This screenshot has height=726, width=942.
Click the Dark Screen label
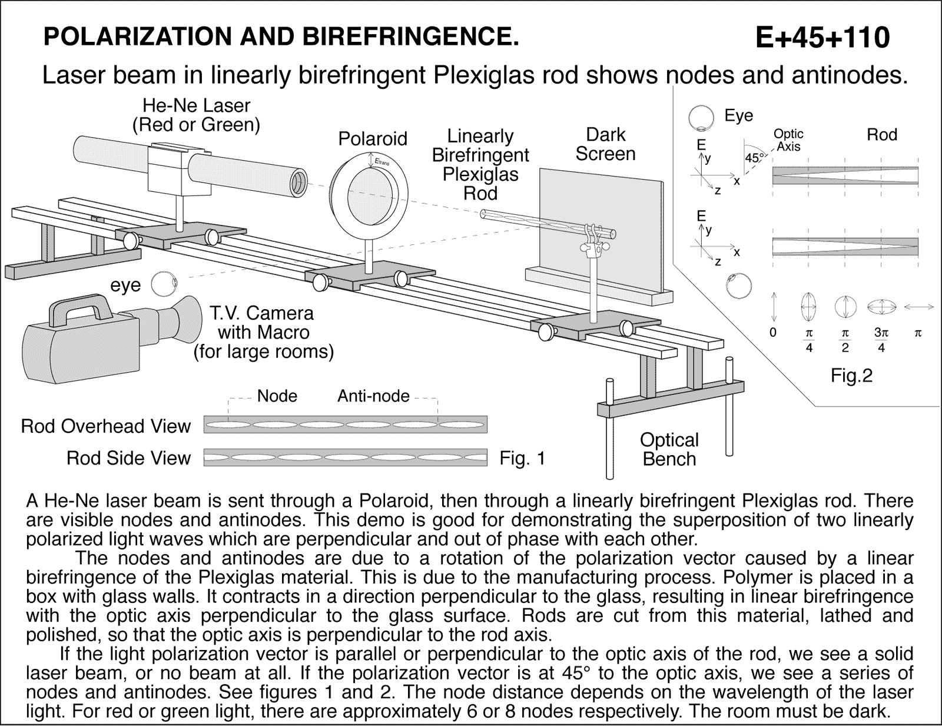[x=605, y=144]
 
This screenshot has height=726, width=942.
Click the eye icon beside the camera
[x=164, y=284]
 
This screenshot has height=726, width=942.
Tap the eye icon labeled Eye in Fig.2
[x=701, y=117]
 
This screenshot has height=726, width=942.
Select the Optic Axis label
[x=788, y=141]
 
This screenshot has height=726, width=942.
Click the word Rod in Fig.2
[x=881, y=135]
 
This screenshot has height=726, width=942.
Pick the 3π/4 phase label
[x=881, y=340]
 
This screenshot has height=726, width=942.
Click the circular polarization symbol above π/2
[x=845, y=307]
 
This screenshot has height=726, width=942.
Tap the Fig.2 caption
[x=851, y=375]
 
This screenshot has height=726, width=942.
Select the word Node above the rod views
[x=277, y=396]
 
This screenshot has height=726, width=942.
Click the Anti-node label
[x=373, y=396]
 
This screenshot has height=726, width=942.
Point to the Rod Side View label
[x=128, y=458]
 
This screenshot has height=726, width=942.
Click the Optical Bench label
[x=669, y=449]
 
